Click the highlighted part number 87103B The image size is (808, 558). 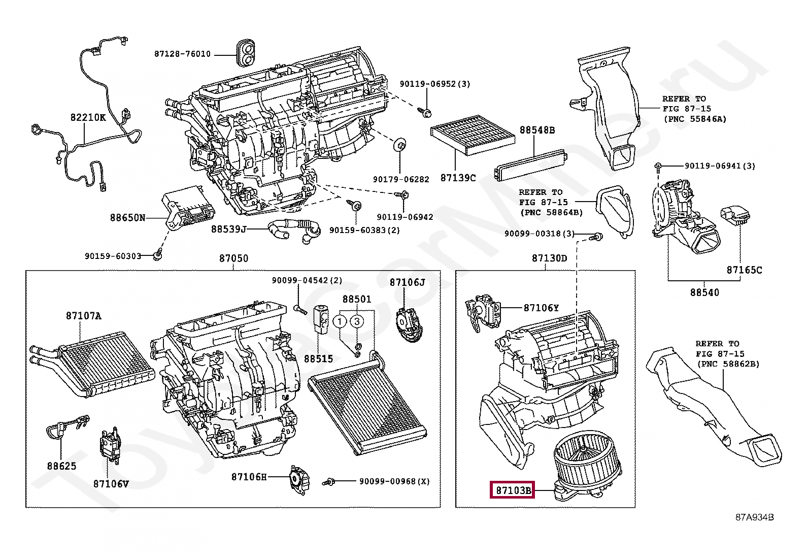click(x=512, y=490)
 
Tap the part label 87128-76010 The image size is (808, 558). click(x=182, y=54)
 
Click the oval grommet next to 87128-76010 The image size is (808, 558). click(x=246, y=53)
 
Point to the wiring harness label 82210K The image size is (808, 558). click(x=88, y=118)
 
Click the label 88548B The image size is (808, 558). click(x=536, y=130)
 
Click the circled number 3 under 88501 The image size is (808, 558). click(x=357, y=321)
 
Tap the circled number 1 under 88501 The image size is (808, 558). click(x=341, y=321)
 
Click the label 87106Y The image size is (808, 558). click(x=541, y=308)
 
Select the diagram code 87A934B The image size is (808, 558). click(x=754, y=517)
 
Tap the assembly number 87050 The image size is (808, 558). click(x=233, y=258)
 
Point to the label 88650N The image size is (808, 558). click(x=127, y=218)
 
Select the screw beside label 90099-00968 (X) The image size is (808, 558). click(x=329, y=481)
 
